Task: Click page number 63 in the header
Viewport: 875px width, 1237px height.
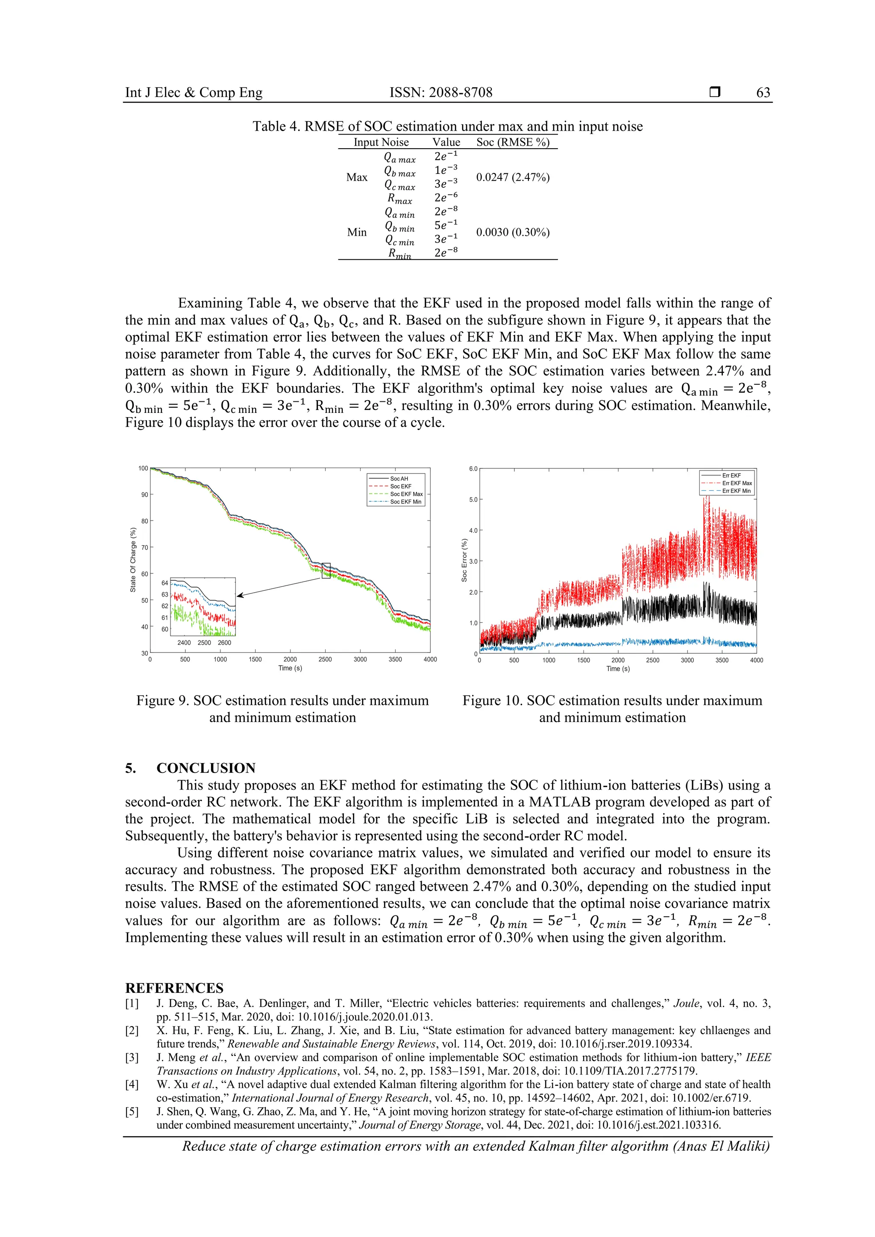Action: coord(763,92)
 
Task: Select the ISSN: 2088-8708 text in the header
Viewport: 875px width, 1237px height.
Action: coord(440,92)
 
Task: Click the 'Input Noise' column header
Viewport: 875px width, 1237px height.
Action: coord(381,142)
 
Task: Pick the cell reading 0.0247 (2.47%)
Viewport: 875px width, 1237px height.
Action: coord(512,177)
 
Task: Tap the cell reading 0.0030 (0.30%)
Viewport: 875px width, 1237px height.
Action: coord(512,232)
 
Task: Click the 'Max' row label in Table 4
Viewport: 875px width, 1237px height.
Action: coord(356,177)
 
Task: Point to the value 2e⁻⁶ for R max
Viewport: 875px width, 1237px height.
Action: coord(446,198)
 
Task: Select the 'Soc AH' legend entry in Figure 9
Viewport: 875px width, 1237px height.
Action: coord(399,478)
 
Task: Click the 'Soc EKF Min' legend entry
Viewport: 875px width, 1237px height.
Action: coord(405,502)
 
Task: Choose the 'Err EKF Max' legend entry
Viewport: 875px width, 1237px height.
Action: coord(737,483)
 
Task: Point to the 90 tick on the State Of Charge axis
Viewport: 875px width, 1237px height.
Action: coord(144,494)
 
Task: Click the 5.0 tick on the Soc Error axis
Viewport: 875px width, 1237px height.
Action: coord(473,500)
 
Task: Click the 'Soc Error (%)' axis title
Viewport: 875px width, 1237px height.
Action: coord(464,560)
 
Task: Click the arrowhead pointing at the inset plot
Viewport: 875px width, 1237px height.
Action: coord(240,595)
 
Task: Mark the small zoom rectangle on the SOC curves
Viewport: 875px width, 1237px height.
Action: coord(326,570)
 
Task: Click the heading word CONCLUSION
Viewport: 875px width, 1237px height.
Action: coord(206,768)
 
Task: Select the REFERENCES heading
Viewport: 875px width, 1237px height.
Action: coord(174,988)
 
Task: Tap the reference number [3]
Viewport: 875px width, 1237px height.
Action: coord(132,1057)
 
